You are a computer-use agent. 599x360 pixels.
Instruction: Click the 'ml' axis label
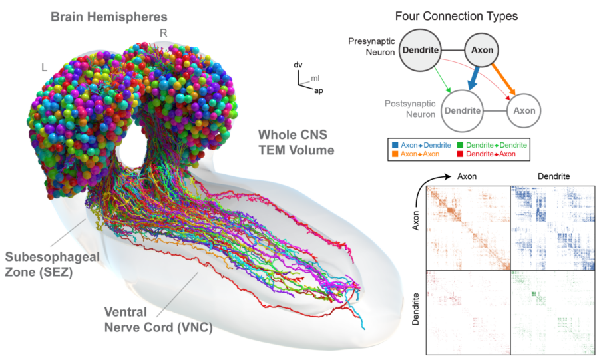[315, 79]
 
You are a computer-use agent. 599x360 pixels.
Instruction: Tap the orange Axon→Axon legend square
[393, 154]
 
